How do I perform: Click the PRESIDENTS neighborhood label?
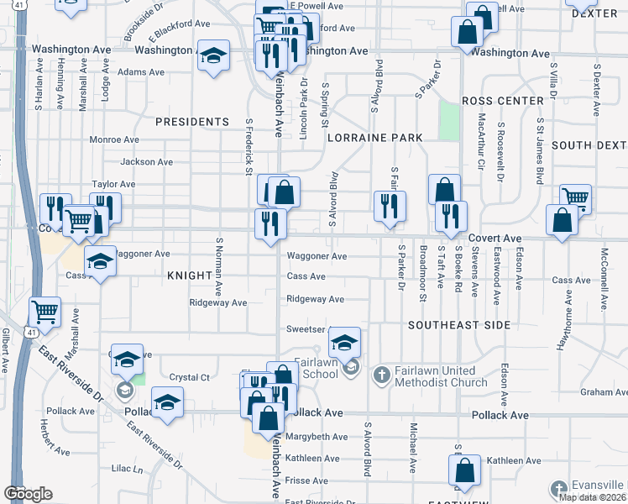[191, 122]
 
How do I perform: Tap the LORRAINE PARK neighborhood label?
[374, 137]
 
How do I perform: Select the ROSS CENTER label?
[503, 101]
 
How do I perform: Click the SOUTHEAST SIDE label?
[458, 324]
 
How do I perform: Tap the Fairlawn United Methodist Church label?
[442, 376]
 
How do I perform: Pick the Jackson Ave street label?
[146, 162]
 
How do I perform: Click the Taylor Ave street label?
[113, 184]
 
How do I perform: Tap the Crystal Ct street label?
[189, 377]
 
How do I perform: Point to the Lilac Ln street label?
[128, 469]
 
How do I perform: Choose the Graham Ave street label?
[603, 391]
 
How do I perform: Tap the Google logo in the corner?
[28, 493]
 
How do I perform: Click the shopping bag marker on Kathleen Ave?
[464, 473]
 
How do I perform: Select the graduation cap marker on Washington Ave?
[214, 56]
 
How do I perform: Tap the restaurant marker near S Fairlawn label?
[390, 207]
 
